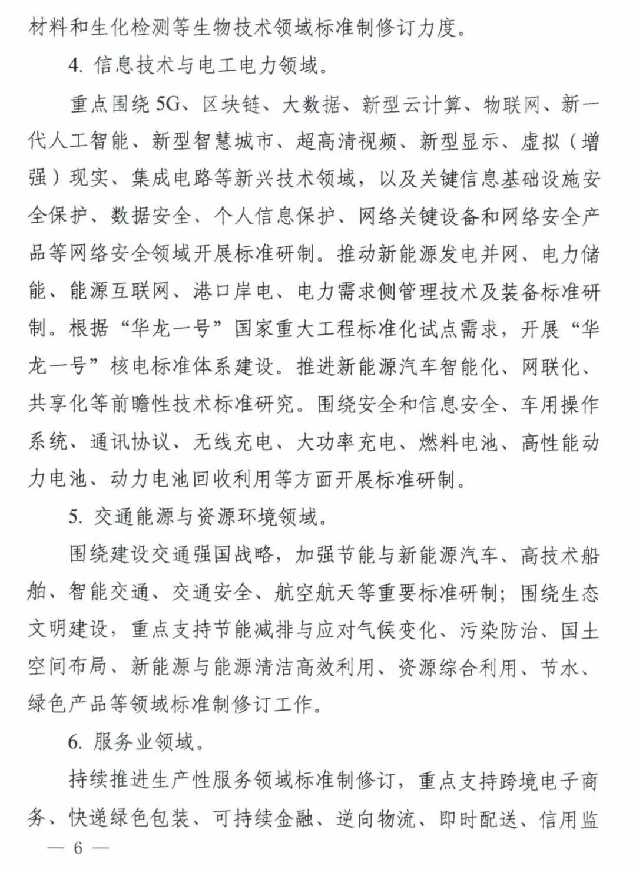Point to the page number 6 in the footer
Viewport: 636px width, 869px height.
tap(77, 849)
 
